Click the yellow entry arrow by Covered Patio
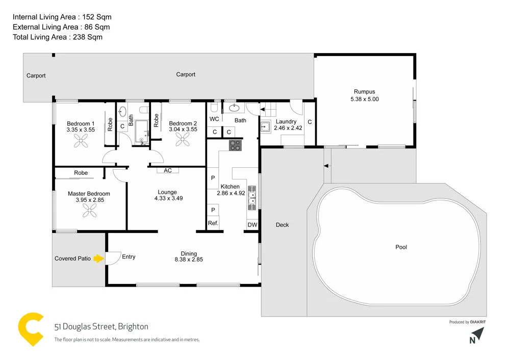(x=98, y=259)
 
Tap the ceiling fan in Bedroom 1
(x=80, y=144)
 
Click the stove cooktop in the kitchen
(x=235, y=145)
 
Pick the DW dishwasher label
(x=252, y=225)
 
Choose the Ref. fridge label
(x=213, y=223)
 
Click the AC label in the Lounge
(x=167, y=171)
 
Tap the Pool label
(x=401, y=247)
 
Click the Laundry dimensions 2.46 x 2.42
(x=288, y=128)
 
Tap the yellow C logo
(x=32, y=330)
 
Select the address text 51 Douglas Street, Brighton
(x=101, y=326)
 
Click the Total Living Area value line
(x=58, y=37)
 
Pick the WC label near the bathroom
(x=215, y=119)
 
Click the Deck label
(x=282, y=225)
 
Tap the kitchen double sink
(x=252, y=197)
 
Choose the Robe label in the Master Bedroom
(x=81, y=173)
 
